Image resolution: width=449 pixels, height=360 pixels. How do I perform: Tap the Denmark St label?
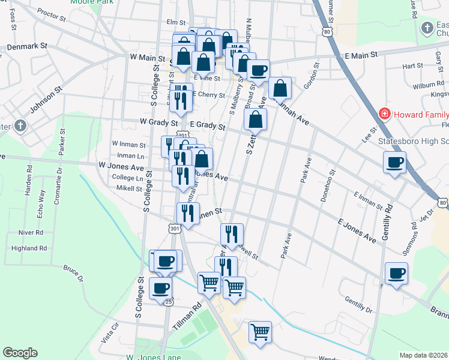click(x=27, y=46)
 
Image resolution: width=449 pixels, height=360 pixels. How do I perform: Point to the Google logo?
click(x=20, y=353)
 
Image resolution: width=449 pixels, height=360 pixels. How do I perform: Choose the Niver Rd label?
click(x=31, y=232)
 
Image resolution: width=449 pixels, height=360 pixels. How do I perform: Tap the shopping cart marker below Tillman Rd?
click(x=260, y=332)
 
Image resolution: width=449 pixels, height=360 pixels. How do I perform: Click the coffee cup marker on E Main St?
click(x=258, y=71)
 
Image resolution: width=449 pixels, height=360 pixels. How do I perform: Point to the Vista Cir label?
click(x=111, y=331)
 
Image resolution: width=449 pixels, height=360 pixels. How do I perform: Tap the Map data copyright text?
click(x=424, y=355)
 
